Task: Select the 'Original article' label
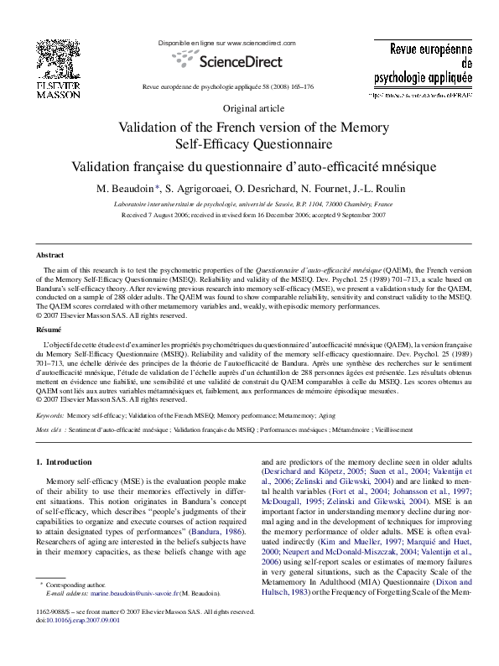[x=252, y=109]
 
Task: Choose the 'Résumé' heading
[x=49, y=331]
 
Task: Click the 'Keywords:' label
[x=50, y=415]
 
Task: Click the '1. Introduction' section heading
[x=65, y=462]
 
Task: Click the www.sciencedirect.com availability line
[x=227, y=42]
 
